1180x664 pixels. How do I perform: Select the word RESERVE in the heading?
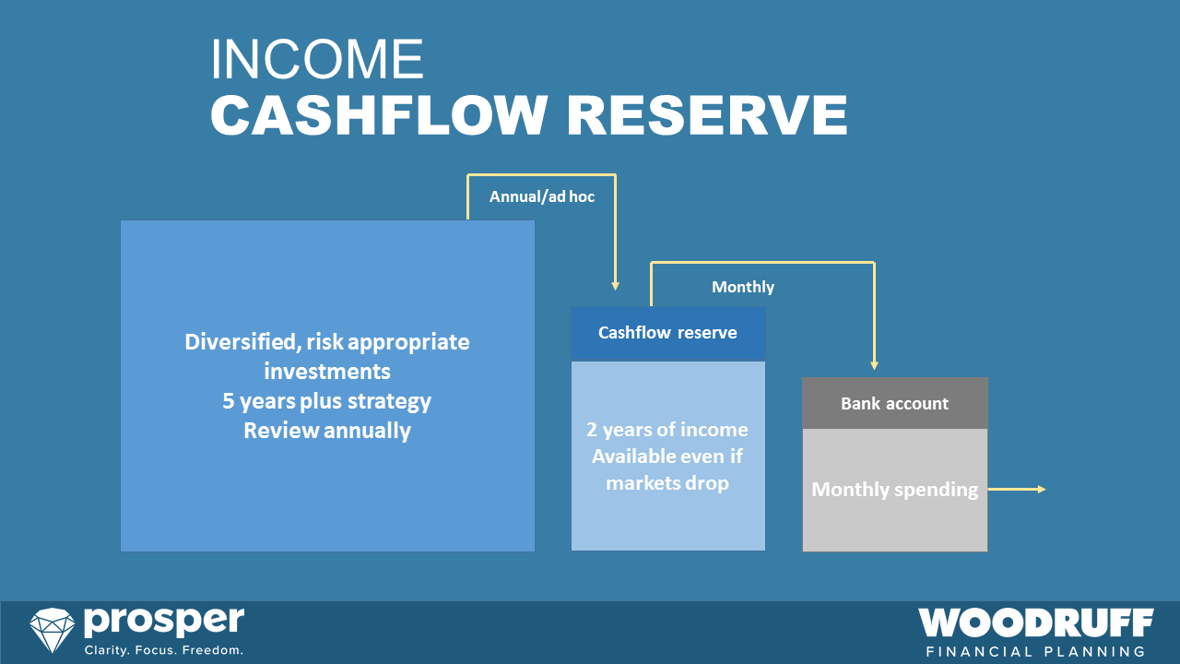tap(707, 115)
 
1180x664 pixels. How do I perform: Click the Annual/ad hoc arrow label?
tap(542, 196)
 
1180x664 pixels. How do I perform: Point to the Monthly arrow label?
tap(743, 287)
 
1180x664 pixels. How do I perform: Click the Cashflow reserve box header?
tap(667, 333)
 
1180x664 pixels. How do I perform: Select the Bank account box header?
tap(894, 403)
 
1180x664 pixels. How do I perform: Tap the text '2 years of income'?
tap(667, 430)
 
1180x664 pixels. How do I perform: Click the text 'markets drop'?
tap(667, 482)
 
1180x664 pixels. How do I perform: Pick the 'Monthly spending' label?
tap(894, 490)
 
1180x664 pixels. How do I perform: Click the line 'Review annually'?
tap(327, 431)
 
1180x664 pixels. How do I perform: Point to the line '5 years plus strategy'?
tap(327, 401)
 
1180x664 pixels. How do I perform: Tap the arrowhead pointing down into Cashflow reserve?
tap(615, 286)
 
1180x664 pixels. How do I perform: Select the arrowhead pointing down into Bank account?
tap(874, 365)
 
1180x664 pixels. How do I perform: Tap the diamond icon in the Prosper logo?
tap(53, 631)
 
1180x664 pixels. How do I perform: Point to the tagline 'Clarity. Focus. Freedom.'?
tap(164, 650)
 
